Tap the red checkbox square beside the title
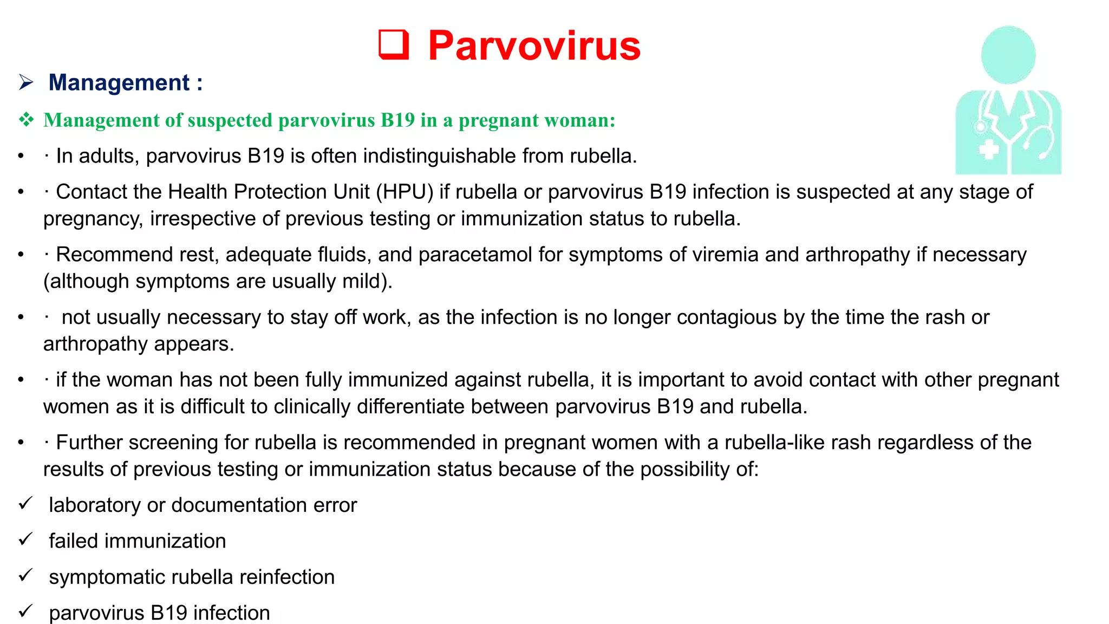(393, 44)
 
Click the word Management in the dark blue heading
(119, 83)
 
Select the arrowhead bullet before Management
(26, 82)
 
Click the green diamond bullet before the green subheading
(26, 120)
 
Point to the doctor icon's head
(1008, 54)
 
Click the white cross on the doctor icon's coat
(989, 149)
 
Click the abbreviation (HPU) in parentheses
(405, 192)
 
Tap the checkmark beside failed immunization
(25, 539)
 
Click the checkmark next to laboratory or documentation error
(25, 504)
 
